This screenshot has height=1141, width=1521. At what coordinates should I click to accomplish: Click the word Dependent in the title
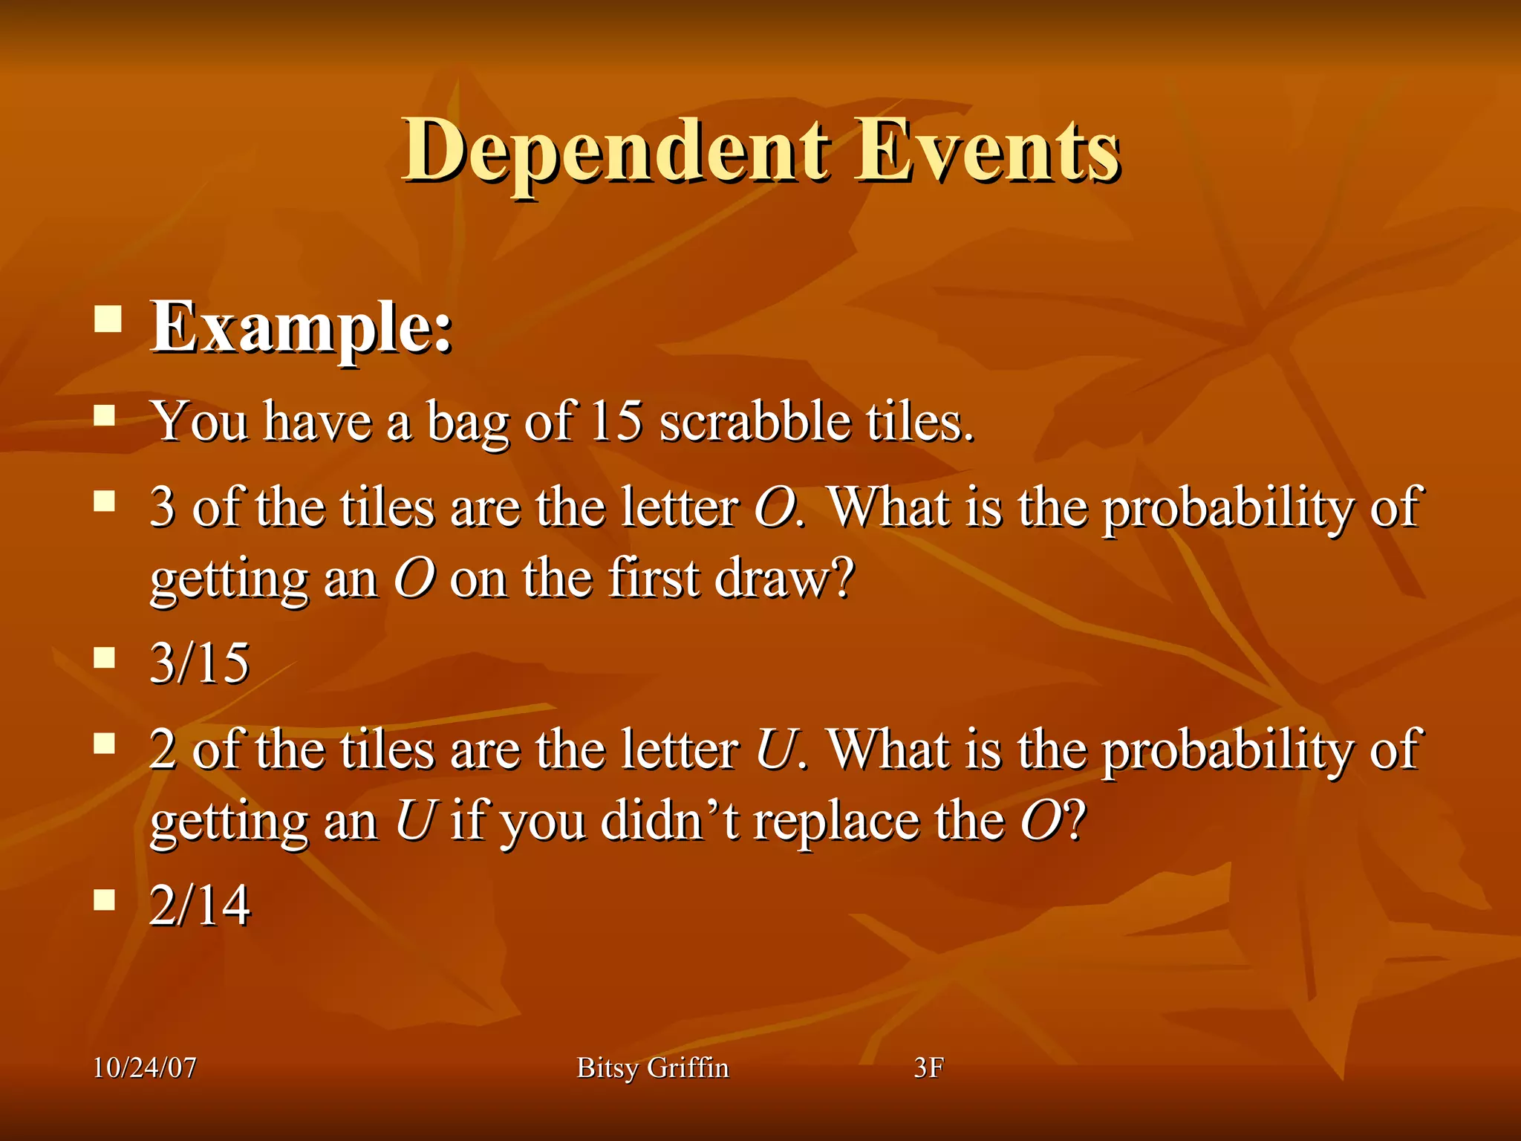(615, 152)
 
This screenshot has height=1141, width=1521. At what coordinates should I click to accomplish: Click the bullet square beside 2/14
(105, 900)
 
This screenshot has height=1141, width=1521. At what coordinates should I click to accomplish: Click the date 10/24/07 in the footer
(145, 1067)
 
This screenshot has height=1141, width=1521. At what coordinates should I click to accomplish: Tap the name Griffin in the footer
(688, 1067)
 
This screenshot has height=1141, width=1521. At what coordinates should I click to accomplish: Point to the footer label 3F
(928, 1067)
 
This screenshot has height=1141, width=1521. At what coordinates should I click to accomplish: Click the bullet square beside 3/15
(105, 657)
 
